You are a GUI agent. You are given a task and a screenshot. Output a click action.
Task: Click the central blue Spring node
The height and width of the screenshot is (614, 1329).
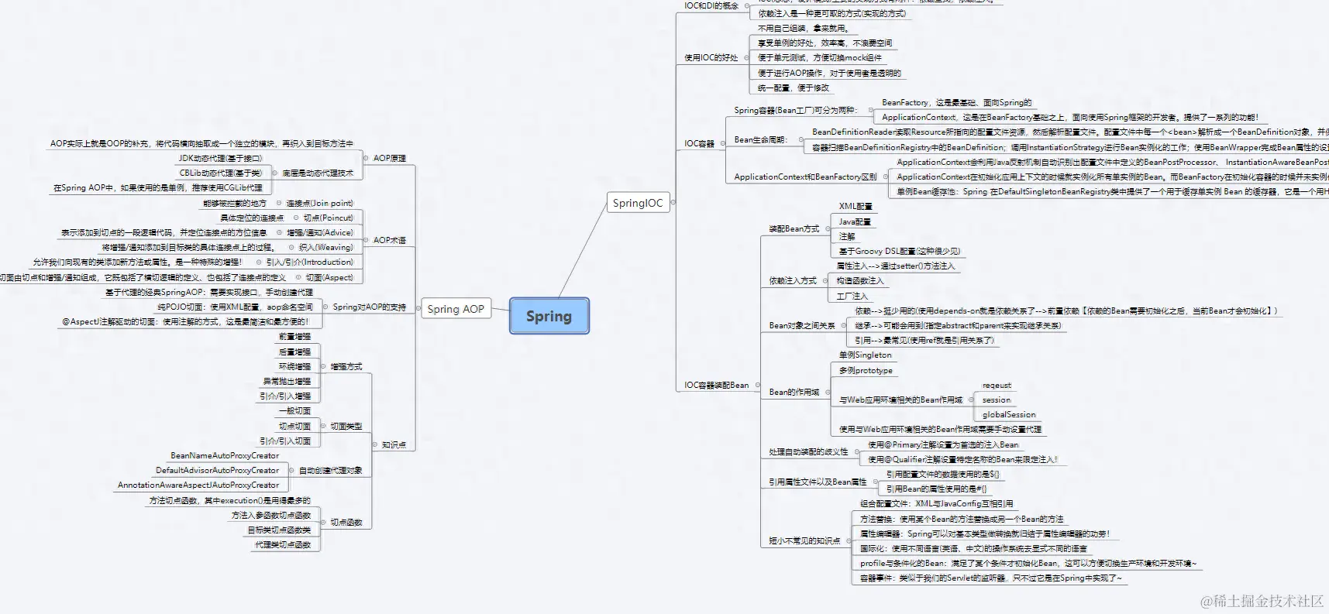[549, 316]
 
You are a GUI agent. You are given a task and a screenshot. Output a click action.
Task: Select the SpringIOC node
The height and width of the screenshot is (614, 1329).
[638, 203]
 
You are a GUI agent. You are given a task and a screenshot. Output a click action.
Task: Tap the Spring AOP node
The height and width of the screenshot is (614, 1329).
[456, 309]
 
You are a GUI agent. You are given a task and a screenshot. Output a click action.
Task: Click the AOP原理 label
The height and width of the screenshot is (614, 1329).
[389, 158]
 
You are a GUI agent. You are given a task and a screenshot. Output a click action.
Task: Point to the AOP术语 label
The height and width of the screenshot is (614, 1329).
[389, 240]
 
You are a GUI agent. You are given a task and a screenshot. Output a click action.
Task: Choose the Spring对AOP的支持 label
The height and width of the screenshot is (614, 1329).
[369, 307]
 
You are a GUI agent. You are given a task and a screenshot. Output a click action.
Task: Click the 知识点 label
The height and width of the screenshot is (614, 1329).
[394, 444]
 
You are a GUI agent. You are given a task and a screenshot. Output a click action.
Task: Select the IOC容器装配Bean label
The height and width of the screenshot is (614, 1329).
[716, 385]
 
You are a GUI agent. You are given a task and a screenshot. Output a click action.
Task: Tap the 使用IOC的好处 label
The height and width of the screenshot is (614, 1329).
[711, 57]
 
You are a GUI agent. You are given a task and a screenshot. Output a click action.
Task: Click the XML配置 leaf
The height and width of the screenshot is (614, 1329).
[856, 207]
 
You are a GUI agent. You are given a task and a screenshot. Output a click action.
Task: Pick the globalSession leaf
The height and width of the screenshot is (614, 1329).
[1009, 415]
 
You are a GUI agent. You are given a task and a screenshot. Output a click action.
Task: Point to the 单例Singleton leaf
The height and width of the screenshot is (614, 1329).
[865, 355]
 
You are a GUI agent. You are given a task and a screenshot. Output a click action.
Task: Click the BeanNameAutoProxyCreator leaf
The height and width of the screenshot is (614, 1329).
[225, 455]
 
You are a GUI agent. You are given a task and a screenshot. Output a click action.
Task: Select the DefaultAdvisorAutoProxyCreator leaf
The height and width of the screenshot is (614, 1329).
[217, 470]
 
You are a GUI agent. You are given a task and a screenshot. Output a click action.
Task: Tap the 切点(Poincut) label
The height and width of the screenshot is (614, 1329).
[328, 218]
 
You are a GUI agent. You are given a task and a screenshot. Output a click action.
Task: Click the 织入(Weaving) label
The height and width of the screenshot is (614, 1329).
[325, 247]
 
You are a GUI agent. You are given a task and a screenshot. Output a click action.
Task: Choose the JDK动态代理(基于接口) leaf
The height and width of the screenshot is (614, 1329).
[220, 158]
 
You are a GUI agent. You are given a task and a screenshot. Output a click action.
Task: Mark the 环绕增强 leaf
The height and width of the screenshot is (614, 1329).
[294, 366]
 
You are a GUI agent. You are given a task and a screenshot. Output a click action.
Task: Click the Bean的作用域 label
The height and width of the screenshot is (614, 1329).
[794, 392]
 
